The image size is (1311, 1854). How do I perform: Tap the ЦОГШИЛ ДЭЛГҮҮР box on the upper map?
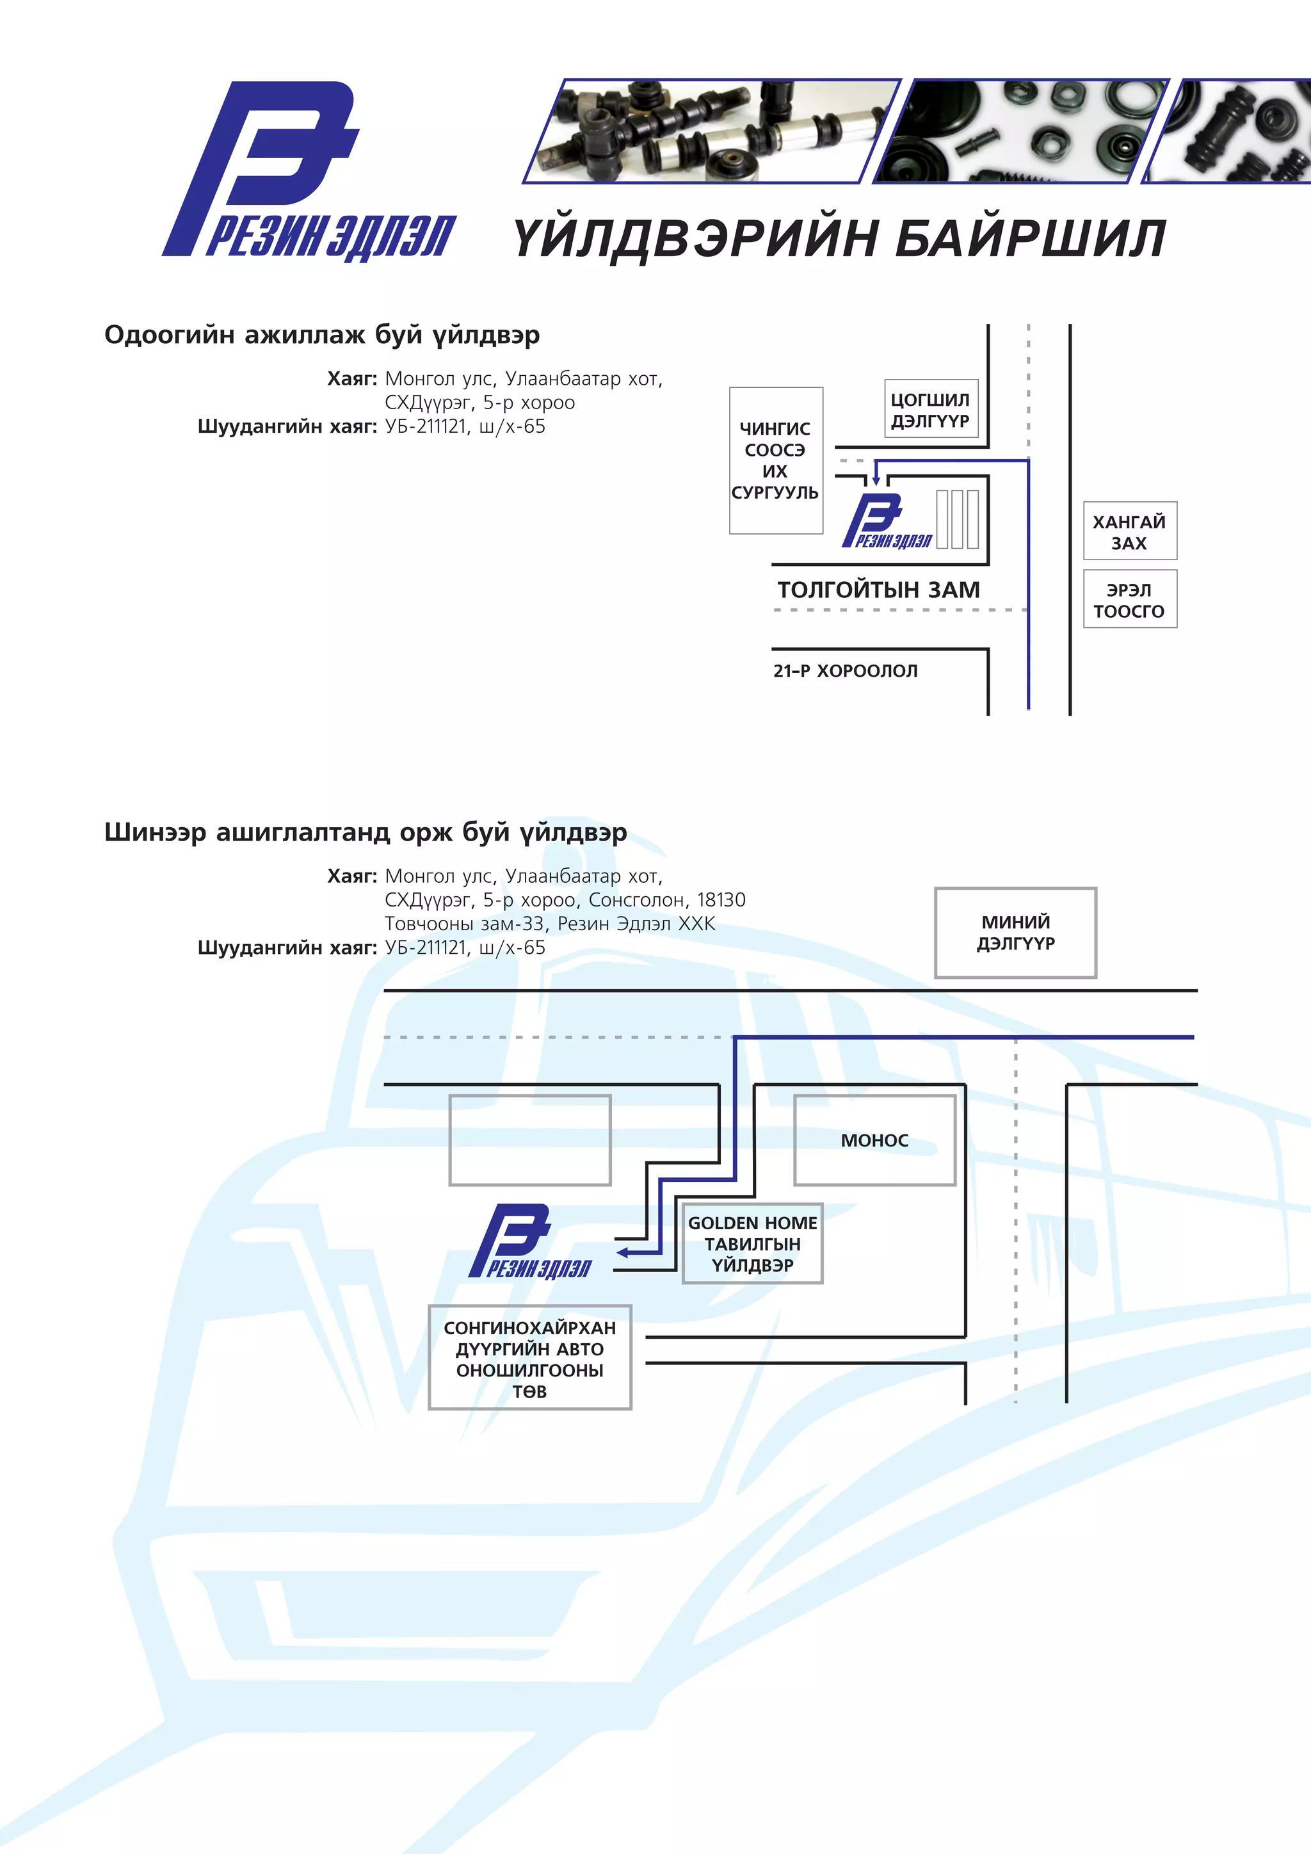coord(930,409)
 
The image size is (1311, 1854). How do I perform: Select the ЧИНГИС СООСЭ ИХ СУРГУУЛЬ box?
coord(775,460)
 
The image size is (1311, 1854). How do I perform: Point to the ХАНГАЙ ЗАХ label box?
coord(1129,531)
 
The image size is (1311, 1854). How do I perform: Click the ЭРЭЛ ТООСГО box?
coord(1129,600)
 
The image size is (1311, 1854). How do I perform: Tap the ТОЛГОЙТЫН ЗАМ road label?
coord(878,590)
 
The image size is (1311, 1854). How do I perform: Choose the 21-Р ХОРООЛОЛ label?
coord(845,671)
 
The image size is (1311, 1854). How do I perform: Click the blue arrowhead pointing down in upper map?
coord(876,480)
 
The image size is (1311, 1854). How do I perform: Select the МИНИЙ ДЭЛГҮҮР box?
coord(1015,933)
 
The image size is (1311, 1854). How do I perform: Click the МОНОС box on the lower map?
coord(874,1140)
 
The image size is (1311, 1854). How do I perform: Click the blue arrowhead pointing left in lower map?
coord(622,1252)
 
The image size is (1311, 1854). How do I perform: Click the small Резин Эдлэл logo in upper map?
coord(885,522)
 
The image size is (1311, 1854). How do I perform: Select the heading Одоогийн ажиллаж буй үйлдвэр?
coord(321,335)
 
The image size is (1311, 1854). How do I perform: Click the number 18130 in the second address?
coord(721,900)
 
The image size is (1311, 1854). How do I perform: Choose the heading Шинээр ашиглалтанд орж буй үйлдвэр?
coord(365,832)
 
